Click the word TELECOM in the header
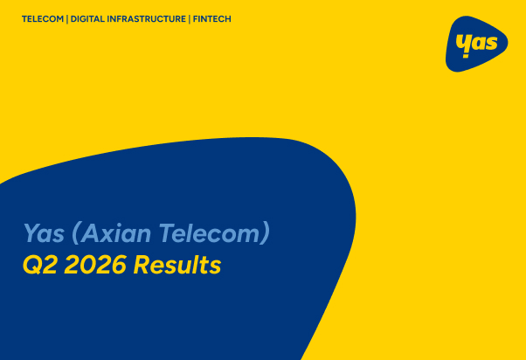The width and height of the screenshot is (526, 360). click(x=43, y=19)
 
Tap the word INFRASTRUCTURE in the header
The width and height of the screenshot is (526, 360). click(x=146, y=19)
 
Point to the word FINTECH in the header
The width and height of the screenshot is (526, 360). click(x=212, y=19)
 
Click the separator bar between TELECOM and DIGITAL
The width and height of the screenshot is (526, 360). click(x=67, y=19)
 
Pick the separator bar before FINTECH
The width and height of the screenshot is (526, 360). click(x=190, y=19)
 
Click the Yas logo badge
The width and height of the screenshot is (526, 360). click(x=476, y=44)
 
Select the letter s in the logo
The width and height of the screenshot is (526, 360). click(x=491, y=43)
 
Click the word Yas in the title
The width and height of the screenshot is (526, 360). click(x=44, y=232)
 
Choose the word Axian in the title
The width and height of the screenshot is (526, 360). click(x=115, y=232)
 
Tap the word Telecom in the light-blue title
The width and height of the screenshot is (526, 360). click(x=209, y=232)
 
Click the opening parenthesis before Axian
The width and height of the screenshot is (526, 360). click(x=76, y=232)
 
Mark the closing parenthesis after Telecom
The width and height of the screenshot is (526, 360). click(x=265, y=232)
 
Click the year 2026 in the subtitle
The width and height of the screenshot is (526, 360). click(x=95, y=265)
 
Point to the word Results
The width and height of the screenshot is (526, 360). click(x=177, y=265)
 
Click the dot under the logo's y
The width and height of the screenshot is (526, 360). click(x=466, y=56)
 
